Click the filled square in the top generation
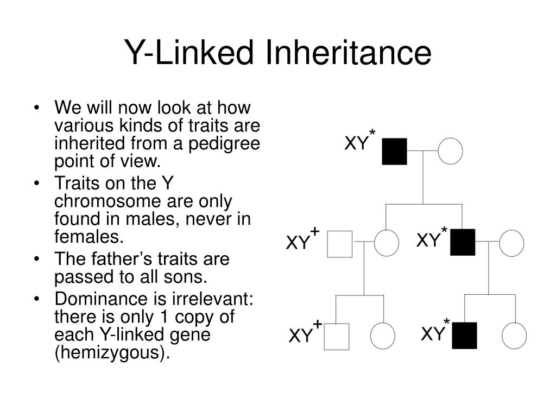pyautogui.click(x=394, y=151)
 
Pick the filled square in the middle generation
pyautogui.click(x=463, y=242)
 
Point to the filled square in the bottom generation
pyautogui.click(x=465, y=336)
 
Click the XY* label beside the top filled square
pyautogui.click(x=360, y=141)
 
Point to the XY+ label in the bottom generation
pyautogui.click(x=306, y=331)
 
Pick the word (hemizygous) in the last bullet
pyautogui.click(x=112, y=352)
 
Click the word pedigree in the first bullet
pyautogui.click(x=224, y=144)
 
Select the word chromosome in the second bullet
pyautogui.click(x=108, y=201)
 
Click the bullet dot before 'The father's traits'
pyautogui.click(x=37, y=259)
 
